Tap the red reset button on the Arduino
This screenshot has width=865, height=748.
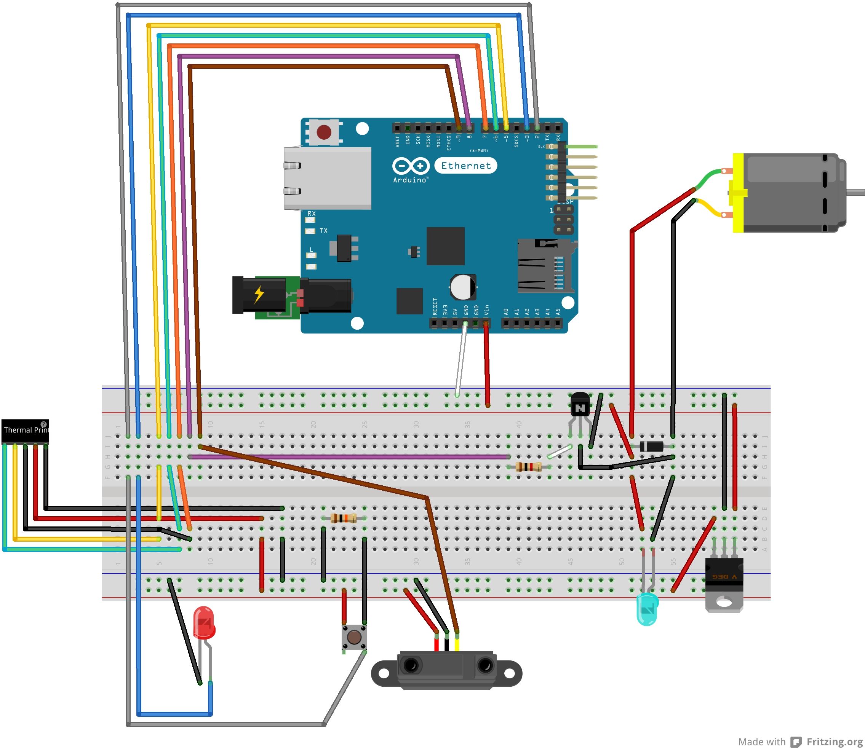[x=324, y=132]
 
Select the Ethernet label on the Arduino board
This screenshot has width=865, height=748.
[x=466, y=166]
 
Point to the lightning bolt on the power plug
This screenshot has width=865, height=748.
[x=259, y=294]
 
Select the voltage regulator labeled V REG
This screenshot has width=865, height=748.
[x=724, y=576]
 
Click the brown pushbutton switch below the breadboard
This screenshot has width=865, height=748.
[x=354, y=637]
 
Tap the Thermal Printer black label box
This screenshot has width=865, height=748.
[x=25, y=431]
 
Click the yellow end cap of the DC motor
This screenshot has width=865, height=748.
[x=738, y=193]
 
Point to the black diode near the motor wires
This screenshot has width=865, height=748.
[x=652, y=446]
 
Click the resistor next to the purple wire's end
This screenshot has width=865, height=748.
[x=528, y=467]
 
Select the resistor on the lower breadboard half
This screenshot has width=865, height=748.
[x=343, y=518]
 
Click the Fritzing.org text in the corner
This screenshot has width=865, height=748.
[x=834, y=741]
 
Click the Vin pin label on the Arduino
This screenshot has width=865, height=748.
[x=486, y=310]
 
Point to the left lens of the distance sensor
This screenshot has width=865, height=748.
[x=411, y=665]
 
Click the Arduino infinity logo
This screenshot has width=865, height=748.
[x=411, y=166]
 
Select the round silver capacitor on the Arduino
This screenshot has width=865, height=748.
[x=463, y=286]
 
